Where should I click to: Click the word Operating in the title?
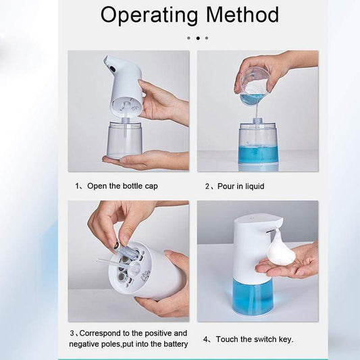coord(149,16)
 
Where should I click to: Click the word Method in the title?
coord(242,15)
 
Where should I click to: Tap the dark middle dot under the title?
coord(198,38)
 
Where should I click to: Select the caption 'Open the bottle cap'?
coord(122,186)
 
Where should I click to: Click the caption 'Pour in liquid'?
coord(241,186)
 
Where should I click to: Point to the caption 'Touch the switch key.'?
coord(255,339)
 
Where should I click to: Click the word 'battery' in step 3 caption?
coord(176,344)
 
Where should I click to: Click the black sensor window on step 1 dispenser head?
coord(111,68)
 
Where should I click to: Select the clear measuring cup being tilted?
coord(254,86)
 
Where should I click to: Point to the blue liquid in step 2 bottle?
coord(258,155)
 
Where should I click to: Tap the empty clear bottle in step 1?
coord(124,139)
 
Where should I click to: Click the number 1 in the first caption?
coord(77,186)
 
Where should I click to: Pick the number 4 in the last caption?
coord(205,339)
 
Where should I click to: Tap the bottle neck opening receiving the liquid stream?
coord(258,121)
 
